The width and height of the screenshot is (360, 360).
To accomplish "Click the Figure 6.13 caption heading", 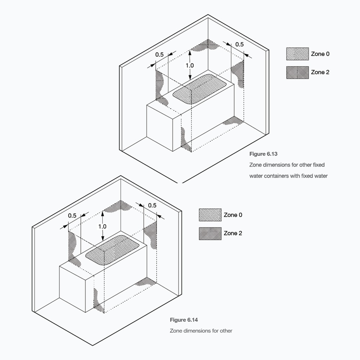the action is tap(264, 154).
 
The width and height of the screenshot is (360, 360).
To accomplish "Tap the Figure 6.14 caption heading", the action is tap(184, 320).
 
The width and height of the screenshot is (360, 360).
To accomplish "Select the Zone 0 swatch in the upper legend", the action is tap(297, 54).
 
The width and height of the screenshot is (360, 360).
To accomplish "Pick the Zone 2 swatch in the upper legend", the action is tap(297, 73).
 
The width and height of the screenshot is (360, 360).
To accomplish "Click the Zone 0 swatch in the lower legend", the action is tap(210, 215).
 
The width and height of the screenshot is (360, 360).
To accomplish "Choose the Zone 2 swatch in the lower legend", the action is tap(210, 234).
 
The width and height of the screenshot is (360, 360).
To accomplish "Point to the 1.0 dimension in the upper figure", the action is tap(190, 66).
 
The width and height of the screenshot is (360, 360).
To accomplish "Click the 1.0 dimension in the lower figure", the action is tap(102, 226).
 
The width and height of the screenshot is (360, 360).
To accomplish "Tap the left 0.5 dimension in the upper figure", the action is tap(159, 54).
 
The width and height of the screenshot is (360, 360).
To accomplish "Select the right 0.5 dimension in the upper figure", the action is tap(239, 44).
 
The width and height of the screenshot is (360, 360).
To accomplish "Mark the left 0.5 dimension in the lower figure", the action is tap(72, 216).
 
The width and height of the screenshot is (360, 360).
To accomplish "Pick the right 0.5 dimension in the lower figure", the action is tap(152, 205).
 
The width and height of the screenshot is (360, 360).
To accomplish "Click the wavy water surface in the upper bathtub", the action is tap(199, 89).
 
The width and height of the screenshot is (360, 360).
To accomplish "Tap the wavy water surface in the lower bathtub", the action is tap(112, 250).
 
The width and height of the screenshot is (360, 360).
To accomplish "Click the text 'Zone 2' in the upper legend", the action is tap(320, 72).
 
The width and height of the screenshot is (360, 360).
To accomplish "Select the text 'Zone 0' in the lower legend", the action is tap(233, 215).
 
